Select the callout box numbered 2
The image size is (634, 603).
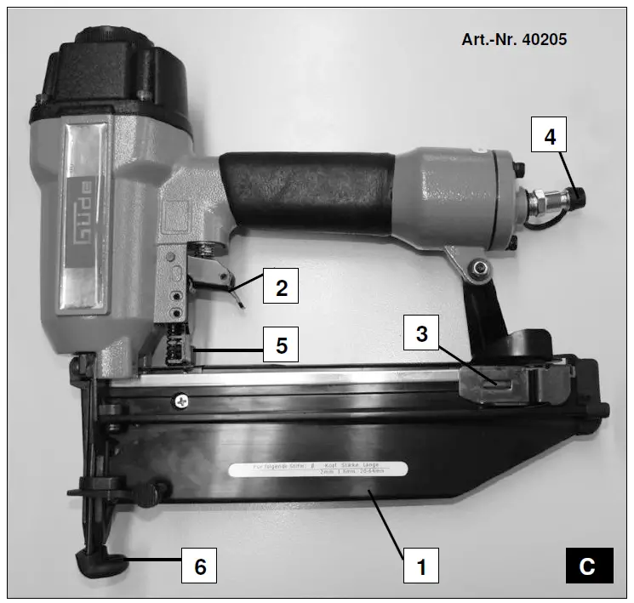pyautogui.click(x=282, y=287)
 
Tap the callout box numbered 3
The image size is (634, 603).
pyautogui.click(x=421, y=334)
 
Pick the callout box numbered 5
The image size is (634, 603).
pyautogui.click(x=282, y=347)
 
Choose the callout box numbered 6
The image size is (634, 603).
pyautogui.click(x=201, y=566)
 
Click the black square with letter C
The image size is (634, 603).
pyautogui.click(x=588, y=566)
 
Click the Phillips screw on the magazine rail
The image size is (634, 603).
pyautogui.click(x=181, y=399)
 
